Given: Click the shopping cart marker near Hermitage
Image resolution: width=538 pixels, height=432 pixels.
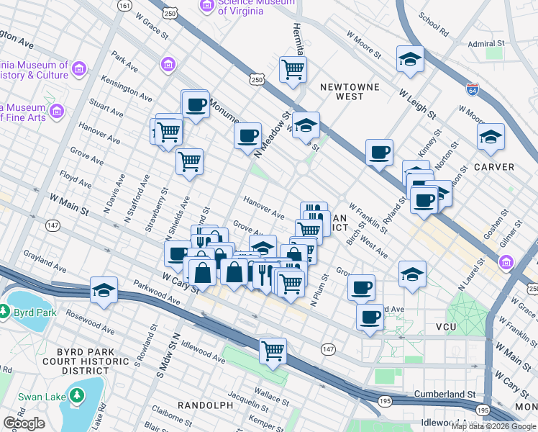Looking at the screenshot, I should click(293, 70).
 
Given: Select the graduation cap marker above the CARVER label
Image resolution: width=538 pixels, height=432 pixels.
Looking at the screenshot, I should click(491, 137).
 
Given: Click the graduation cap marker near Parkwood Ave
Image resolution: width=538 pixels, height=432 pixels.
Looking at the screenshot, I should click(104, 289).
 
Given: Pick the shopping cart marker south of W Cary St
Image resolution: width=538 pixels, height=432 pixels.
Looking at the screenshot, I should click(273, 351).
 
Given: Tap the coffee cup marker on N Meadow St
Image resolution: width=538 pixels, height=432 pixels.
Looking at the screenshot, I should click(248, 135).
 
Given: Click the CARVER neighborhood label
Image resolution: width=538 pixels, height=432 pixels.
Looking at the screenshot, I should click(494, 167).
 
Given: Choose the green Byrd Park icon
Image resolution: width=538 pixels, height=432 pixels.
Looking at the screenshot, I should click(6, 312).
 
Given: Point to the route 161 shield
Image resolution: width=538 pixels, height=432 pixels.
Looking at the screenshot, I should click(125, 6).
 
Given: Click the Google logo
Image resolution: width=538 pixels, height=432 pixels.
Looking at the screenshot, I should click(24, 423).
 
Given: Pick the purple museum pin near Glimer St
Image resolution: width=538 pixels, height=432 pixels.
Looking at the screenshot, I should click(506, 261).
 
